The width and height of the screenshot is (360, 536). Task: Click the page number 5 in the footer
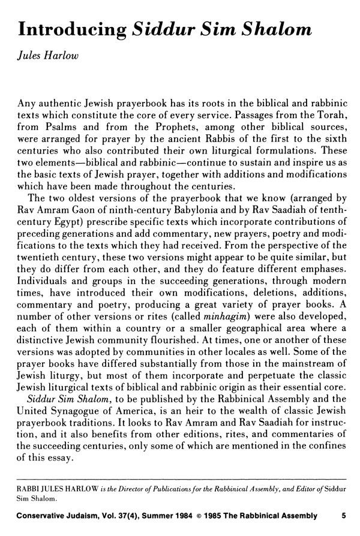coord(343,514)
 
